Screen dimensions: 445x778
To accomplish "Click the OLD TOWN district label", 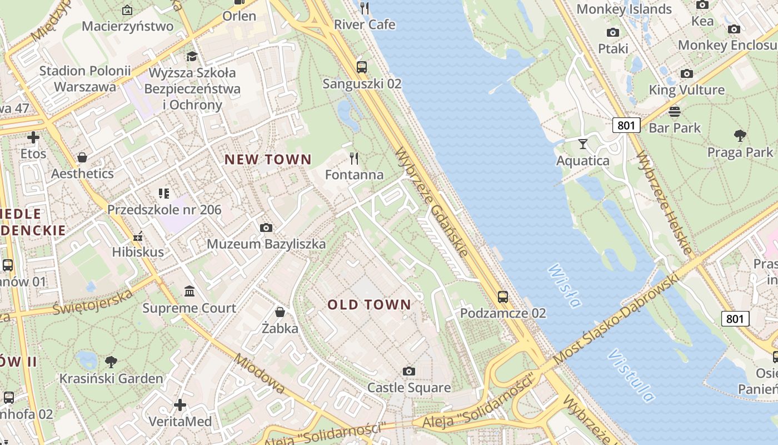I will [x=369, y=305].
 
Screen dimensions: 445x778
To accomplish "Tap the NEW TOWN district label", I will [x=268, y=160].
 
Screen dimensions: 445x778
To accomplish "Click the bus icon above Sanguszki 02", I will [x=362, y=67].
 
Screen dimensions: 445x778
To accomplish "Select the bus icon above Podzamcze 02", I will [x=503, y=296].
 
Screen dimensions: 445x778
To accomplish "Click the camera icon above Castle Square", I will [x=409, y=371].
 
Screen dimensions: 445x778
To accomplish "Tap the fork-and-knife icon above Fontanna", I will [x=354, y=159].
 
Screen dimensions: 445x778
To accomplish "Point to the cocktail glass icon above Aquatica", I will [x=582, y=144].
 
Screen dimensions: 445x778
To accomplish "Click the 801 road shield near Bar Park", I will [x=626, y=125].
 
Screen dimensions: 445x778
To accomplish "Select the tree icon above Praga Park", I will [x=740, y=135].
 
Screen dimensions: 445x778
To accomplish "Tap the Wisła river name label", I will [x=565, y=286].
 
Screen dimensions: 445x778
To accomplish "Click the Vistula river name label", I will [x=631, y=375].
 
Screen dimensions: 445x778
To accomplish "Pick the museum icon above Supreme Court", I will [x=189, y=291].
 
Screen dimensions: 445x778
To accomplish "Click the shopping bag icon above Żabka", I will [x=280, y=312].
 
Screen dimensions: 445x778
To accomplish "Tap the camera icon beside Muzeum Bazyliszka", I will [x=266, y=228].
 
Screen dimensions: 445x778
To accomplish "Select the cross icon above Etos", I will [x=33, y=137].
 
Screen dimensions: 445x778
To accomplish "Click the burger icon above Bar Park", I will [x=675, y=112].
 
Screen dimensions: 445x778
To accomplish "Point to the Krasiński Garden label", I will [x=111, y=379].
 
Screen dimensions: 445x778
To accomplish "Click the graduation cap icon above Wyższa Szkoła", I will [x=192, y=56].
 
